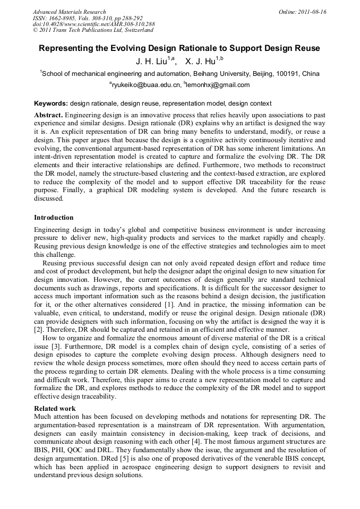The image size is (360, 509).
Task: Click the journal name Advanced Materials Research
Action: coord(69,12)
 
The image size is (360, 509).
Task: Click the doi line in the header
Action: coord(93,24)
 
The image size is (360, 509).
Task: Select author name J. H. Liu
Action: coord(152,62)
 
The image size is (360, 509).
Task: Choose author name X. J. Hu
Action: coord(202,62)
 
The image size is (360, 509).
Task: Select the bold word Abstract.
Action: coord(48,115)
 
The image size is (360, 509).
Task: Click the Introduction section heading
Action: coord(54,218)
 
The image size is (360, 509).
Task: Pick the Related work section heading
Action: coord(55,409)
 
